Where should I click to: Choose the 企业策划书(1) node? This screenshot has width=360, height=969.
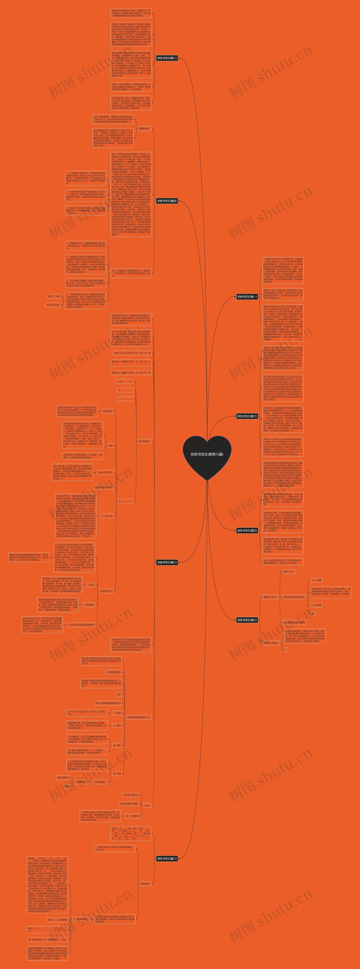pos(106,591)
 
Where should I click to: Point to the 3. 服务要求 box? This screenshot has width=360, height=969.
pos(89,605)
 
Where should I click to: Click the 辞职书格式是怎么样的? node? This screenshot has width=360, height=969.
pos(294,597)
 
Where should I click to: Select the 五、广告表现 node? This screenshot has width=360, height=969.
pos(132,816)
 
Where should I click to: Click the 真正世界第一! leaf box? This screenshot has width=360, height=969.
pos(63,778)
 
